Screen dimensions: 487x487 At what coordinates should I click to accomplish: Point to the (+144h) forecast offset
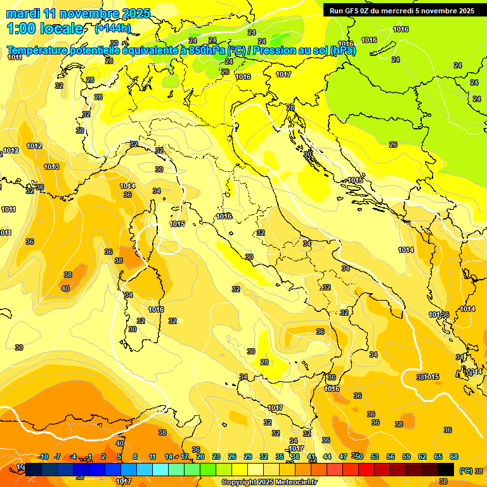pos(112,28)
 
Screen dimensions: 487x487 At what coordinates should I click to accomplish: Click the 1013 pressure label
pos(51,167)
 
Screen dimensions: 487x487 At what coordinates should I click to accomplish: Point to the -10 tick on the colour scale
pos(43,457)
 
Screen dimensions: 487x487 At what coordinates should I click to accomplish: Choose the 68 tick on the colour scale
pos(454,457)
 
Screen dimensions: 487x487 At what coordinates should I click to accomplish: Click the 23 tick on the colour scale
pos(216,457)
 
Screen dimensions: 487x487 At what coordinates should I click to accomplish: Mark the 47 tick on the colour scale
pos(343,457)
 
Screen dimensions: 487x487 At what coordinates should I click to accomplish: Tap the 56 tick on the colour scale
pos(391,457)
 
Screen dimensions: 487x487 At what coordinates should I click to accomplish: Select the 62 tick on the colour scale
pos(422,457)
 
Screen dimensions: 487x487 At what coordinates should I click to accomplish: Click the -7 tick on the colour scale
pos(57,457)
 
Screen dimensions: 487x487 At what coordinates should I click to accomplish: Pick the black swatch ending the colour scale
pos(446,469)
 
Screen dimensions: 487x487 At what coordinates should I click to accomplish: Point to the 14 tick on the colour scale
pos(169,457)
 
